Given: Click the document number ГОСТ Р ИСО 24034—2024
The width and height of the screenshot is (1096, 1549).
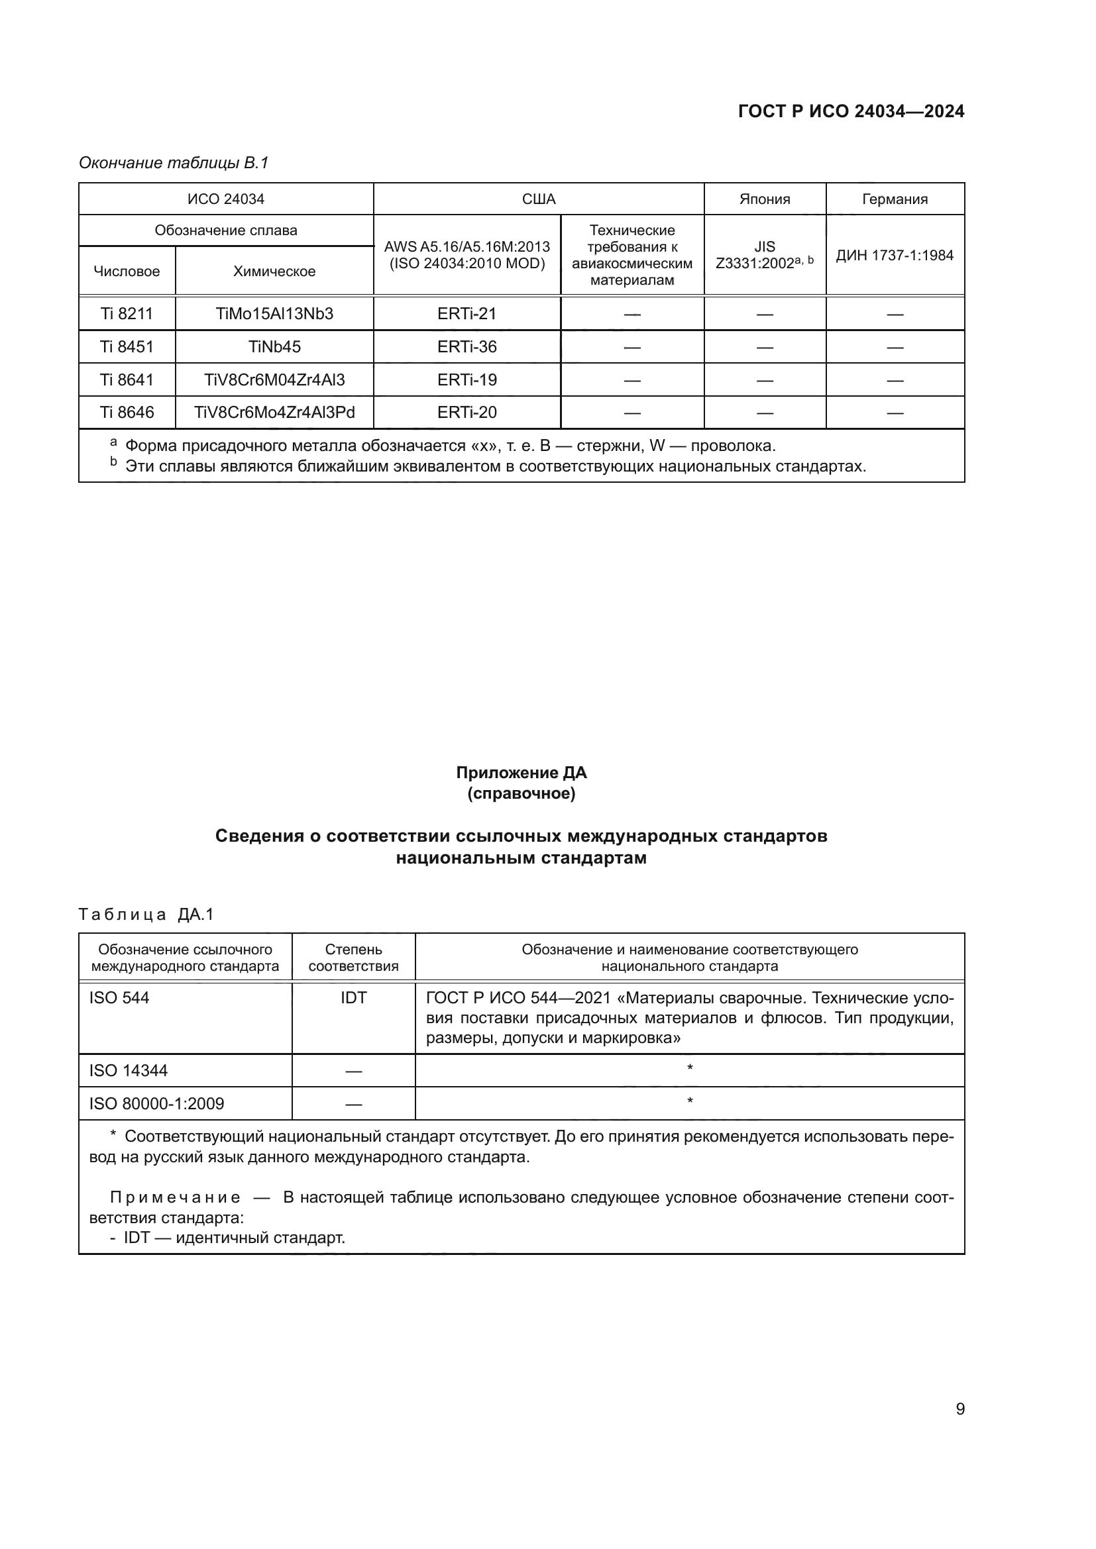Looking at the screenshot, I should [851, 111].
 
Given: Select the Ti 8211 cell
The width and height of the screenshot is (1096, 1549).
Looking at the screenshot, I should [127, 314].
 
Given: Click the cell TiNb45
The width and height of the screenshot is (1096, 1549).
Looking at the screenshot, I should [274, 347].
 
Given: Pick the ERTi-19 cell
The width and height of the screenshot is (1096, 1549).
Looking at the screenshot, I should [467, 380].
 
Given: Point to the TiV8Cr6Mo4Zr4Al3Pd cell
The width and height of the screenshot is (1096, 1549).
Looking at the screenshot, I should [274, 412].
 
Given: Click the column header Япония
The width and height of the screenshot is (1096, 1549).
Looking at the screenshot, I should [765, 199].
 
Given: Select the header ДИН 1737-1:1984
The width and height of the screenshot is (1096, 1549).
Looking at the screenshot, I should [895, 255].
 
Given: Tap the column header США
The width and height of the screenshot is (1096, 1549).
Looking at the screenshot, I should [539, 199].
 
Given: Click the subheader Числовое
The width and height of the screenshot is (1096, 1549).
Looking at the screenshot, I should [127, 272].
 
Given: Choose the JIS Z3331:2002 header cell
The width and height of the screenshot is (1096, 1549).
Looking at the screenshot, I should [765, 255].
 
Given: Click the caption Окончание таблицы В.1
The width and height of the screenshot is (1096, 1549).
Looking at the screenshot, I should [174, 163].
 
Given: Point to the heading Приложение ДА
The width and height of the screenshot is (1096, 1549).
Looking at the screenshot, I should [521, 772].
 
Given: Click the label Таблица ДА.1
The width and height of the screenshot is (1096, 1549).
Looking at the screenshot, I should [146, 914].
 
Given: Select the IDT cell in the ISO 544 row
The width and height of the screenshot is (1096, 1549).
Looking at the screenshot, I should [354, 998].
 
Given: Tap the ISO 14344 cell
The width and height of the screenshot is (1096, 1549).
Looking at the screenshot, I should [129, 1071].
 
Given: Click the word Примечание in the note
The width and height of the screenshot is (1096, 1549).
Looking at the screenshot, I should [176, 1197].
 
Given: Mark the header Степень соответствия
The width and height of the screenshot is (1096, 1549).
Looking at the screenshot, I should [354, 958].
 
